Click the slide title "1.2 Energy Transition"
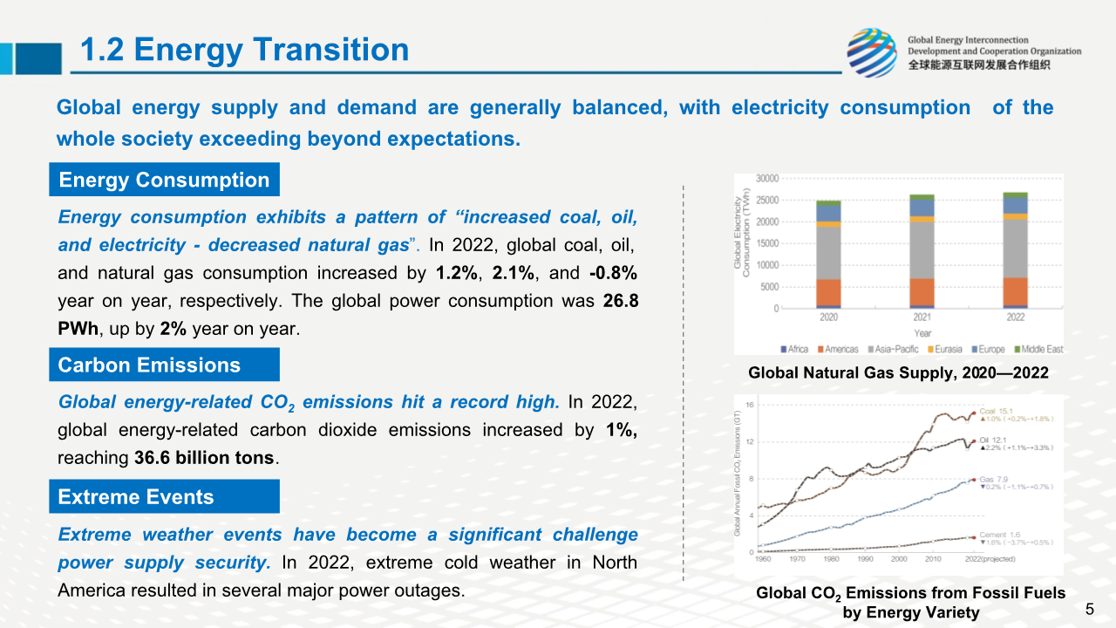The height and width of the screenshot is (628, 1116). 244,50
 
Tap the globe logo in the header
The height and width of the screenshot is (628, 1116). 872,52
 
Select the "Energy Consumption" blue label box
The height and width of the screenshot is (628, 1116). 164,180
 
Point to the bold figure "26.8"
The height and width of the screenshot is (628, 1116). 621,301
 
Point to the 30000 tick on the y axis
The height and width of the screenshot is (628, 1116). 767,178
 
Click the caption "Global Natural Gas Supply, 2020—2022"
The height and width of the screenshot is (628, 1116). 898,373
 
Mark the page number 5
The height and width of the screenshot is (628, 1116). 1089,608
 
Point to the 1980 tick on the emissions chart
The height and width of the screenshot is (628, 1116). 832,559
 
